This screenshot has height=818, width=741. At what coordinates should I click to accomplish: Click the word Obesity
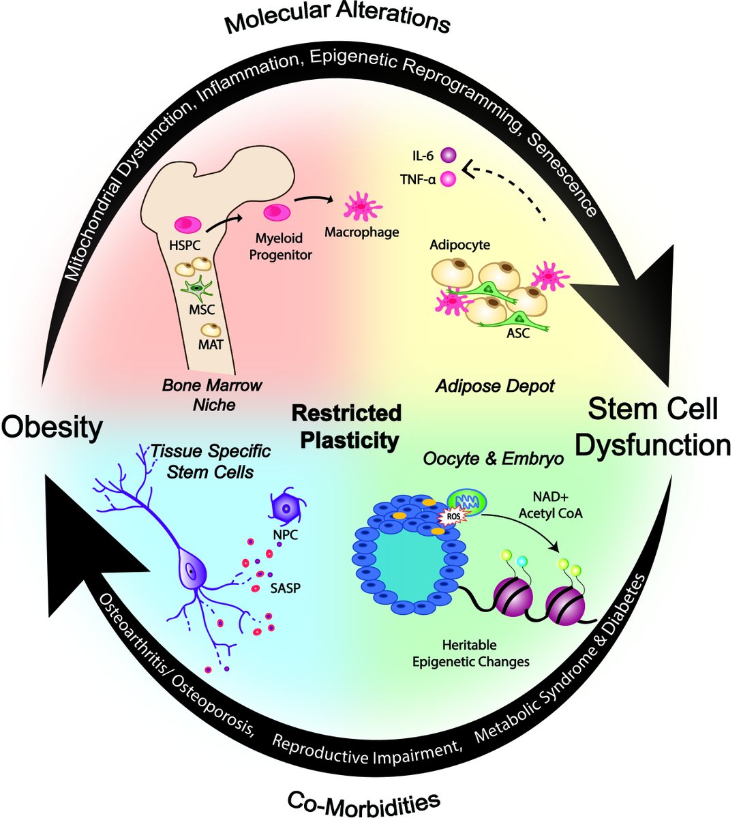tap(52, 428)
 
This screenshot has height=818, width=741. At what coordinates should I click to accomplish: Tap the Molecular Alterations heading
tap(338, 20)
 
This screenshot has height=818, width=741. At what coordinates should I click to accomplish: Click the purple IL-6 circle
tap(449, 156)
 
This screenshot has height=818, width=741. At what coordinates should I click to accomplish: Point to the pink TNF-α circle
tap(449, 179)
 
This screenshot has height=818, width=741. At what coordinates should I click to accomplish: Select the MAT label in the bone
tap(211, 345)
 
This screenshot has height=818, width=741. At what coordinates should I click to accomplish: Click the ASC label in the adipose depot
tap(517, 333)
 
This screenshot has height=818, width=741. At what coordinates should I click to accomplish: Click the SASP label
tap(285, 588)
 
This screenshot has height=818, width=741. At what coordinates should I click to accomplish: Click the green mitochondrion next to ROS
tap(468, 500)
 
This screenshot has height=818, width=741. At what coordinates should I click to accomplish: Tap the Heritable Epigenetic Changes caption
tap(470, 652)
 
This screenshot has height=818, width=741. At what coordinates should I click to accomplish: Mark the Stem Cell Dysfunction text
tap(652, 428)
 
